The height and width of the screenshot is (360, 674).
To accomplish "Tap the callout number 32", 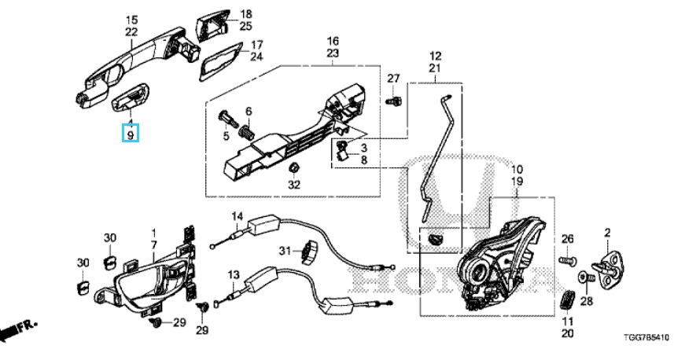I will pyautogui.click(x=293, y=186).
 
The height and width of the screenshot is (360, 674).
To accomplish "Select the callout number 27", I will pyautogui.click(x=393, y=78).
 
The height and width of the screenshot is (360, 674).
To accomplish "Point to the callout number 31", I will pyautogui.click(x=285, y=250).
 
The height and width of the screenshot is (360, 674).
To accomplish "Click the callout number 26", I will pyautogui.click(x=568, y=239).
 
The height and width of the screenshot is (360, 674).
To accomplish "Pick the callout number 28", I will pyautogui.click(x=586, y=300).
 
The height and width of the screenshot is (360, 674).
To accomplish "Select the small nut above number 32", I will pyautogui.click(x=293, y=167).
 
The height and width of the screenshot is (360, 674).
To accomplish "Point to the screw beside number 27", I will pyautogui.click(x=396, y=101).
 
